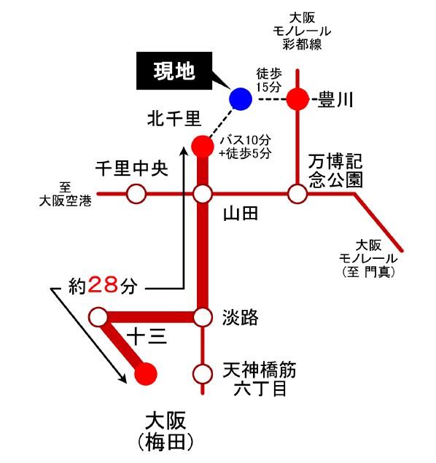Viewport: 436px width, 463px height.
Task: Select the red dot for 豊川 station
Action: tap(297, 98)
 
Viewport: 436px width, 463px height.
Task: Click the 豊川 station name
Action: tap(336, 99)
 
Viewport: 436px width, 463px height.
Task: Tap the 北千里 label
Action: tap(171, 117)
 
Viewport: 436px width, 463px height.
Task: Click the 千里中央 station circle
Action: tap(136, 194)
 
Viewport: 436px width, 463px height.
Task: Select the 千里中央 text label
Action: tap(132, 168)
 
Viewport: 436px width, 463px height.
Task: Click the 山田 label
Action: tap(241, 214)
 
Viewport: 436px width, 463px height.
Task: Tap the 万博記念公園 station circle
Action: tap(297, 194)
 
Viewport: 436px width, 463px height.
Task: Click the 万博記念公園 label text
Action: tap(335, 170)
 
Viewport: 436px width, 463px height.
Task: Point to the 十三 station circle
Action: tap(98, 316)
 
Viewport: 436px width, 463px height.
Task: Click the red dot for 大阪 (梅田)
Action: tap(146, 374)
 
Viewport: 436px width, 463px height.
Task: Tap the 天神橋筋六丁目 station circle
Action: tap(202, 374)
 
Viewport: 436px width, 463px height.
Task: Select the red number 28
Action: tap(103, 285)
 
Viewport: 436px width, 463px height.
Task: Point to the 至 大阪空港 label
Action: tap(66, 193)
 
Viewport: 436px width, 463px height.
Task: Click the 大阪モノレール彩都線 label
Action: tap(300, 31)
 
